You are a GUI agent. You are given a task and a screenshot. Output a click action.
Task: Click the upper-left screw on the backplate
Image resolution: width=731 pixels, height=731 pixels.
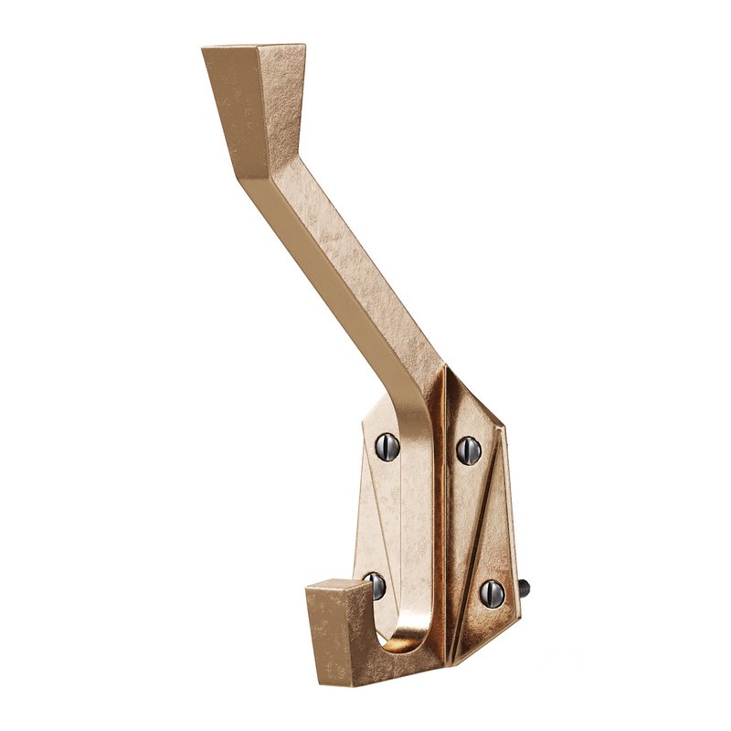pos(385,445)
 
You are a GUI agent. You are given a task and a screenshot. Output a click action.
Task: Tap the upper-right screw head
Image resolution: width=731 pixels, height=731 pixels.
pos(468,450)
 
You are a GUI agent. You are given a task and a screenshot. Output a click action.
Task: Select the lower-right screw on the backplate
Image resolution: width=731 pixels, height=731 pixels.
pos(492,593)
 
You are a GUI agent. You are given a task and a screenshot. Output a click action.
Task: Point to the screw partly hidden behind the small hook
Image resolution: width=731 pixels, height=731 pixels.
pos(376,585)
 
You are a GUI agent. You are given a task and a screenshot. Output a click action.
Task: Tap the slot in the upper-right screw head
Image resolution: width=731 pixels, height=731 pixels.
pos(468,450)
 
